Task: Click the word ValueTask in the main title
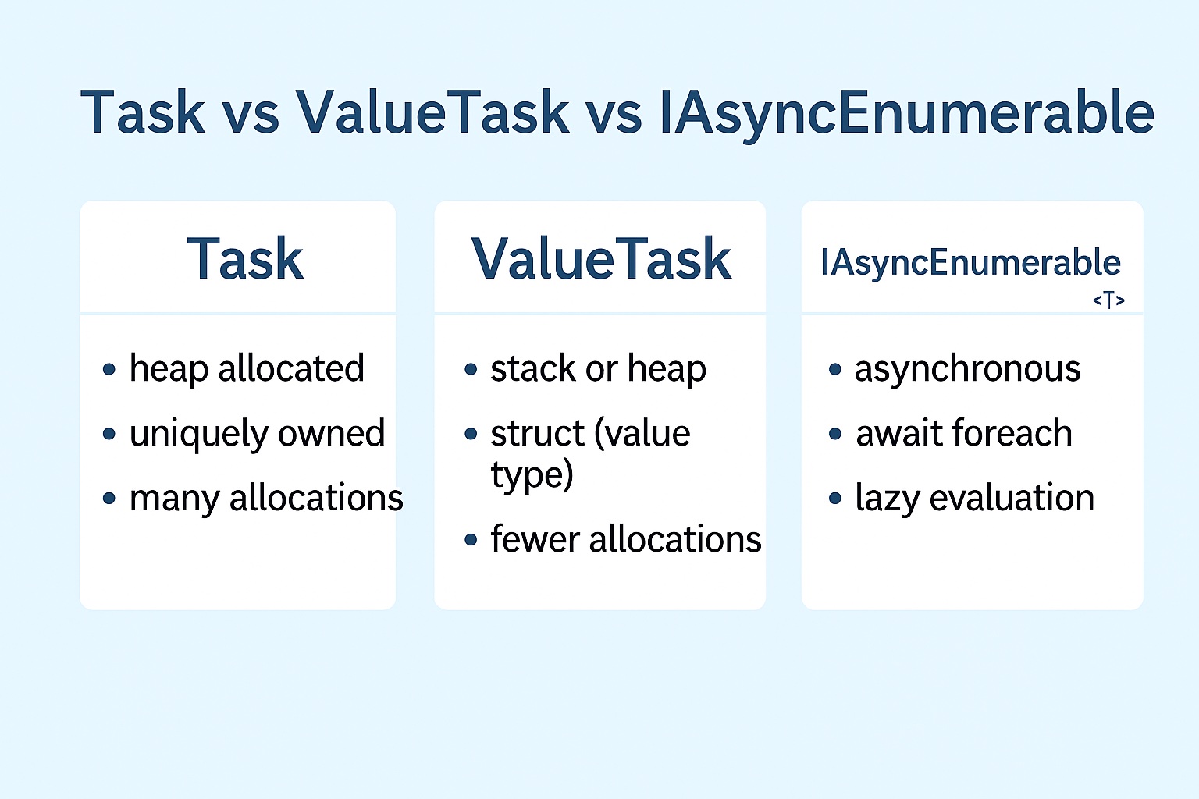[432, 112]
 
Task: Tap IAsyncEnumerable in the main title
[907, 115]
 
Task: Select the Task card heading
[245, 260]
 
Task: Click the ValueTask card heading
[601, 260]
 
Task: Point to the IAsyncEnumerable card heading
[970, 264]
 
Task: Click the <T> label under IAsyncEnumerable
[1108, 300]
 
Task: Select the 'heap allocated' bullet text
[247, 369]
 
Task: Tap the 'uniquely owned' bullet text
[257, 434]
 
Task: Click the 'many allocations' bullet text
[266, 499]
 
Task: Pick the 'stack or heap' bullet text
[599, 369]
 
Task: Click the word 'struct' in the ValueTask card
[537, 433]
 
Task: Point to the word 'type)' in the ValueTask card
[532, 475]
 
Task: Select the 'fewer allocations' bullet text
[626, 539]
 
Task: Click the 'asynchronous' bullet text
[968, 370]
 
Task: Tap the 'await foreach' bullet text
[964, 433]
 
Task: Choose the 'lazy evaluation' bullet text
[975, 499]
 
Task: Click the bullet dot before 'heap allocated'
[109, 369]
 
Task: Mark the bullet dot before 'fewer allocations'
[471, 539]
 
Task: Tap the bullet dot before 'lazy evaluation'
[835, 499]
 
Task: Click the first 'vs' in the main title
[251, 119]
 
